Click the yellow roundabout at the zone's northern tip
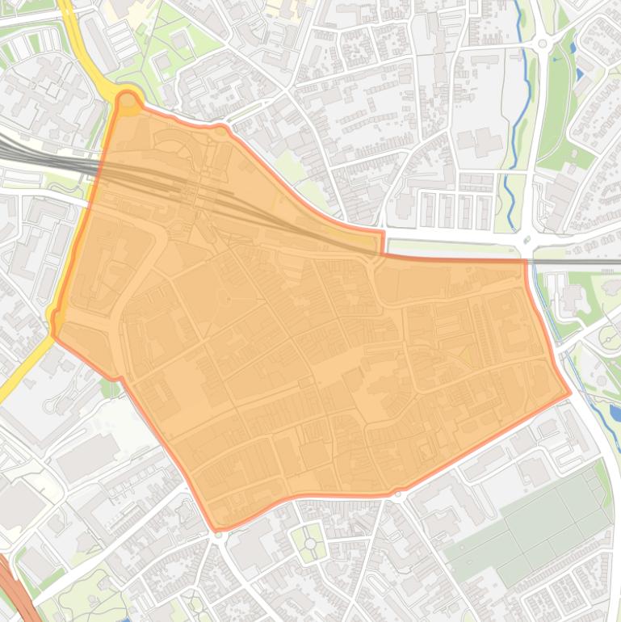pos(128,100)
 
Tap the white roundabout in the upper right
pos(543,44)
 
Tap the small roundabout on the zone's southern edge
pos(397,494)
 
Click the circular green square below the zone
pos(310,544)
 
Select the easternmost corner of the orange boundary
pos(570,393)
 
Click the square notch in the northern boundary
pos(380,243)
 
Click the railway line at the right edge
pos(590,262)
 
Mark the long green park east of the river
pos(557,97)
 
